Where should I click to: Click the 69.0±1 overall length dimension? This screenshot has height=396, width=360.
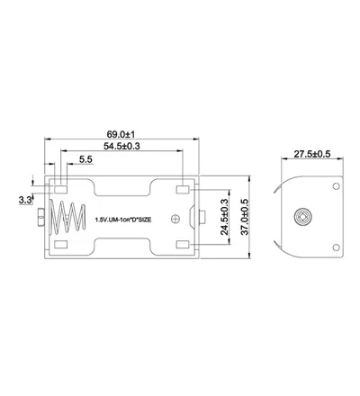tap(121, 133)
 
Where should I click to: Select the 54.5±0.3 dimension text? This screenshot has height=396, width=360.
tap(121, 146)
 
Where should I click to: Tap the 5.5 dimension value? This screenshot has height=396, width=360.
tap(85, 159)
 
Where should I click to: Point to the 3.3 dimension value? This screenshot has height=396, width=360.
tap(25, 200)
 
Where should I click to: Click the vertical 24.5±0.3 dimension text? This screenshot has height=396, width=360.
tap(224, 217)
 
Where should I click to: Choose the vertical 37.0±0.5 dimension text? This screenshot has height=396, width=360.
tap(245, 217)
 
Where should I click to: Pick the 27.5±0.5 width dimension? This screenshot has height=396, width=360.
tap(312, 154)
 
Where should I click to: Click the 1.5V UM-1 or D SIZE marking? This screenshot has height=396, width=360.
tap(123, 220)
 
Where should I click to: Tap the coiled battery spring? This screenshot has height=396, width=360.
tap(67, 218)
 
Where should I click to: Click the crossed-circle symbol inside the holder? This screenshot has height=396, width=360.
tap(175, 219)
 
